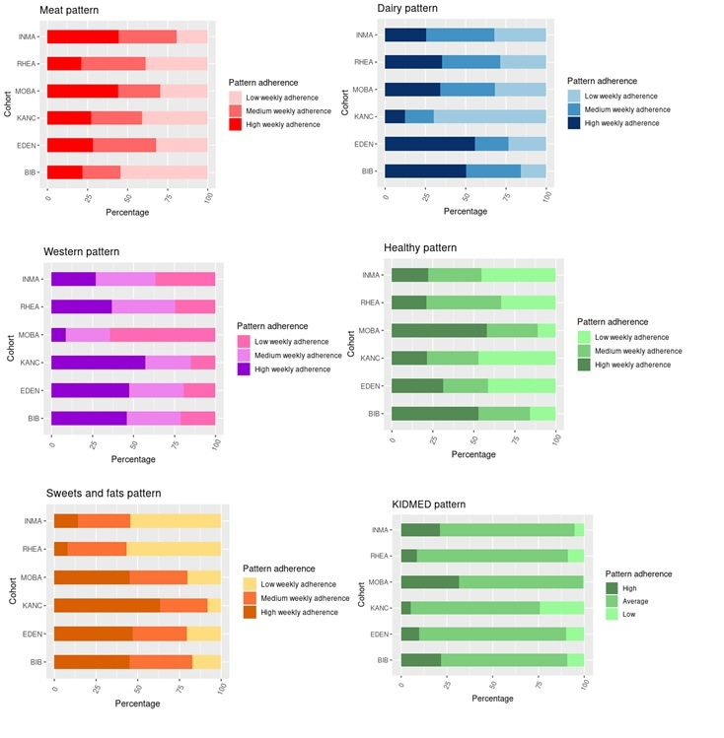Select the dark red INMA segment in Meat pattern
83,36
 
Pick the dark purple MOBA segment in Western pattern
58,335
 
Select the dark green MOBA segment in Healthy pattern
439,330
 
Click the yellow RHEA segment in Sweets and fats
174,548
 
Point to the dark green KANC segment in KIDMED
405,607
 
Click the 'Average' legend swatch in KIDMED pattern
612,600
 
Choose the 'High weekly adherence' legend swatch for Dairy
574,123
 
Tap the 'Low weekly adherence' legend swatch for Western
244,340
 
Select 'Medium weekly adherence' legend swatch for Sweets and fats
250,598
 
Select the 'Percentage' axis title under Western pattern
132,459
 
